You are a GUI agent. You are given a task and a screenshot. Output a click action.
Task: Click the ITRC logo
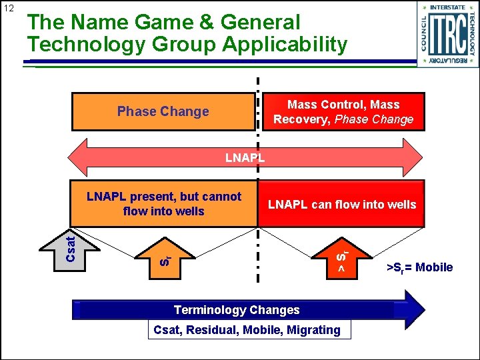coord(447,34)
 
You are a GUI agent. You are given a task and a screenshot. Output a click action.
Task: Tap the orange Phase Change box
coord(163,111)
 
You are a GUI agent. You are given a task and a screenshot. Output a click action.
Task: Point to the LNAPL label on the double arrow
coord(245,158)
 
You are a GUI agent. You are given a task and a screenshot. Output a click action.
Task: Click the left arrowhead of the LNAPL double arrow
coord(79,157)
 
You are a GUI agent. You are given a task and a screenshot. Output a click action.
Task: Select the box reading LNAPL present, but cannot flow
coord(163,204)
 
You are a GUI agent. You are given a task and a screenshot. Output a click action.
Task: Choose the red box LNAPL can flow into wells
coord(341,205)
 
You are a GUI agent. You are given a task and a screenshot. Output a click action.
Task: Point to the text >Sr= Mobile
coord(419,267)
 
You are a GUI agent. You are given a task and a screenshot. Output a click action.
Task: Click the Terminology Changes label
coord(237,310)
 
